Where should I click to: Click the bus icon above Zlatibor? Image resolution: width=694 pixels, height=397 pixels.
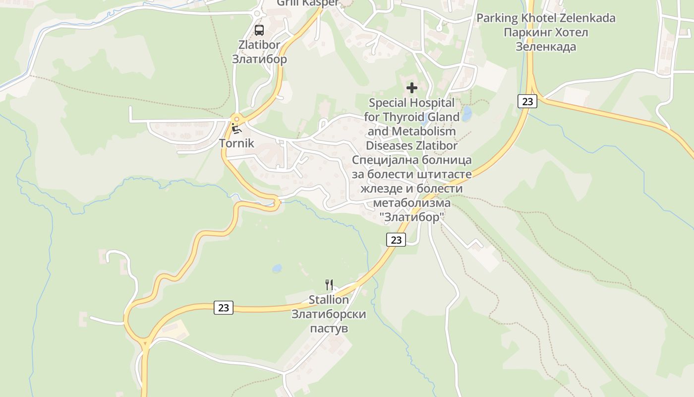259,30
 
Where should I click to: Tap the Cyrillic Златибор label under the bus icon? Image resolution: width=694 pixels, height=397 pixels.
259,60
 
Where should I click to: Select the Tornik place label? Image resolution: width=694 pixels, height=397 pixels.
236,144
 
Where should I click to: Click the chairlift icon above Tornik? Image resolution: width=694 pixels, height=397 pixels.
236,129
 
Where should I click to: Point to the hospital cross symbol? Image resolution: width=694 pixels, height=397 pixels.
411,88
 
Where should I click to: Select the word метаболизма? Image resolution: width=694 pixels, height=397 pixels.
411,203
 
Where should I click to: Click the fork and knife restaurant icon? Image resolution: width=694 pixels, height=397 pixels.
329,284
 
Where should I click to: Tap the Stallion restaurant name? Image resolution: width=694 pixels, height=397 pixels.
329,300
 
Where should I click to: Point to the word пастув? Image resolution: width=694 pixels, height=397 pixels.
329,329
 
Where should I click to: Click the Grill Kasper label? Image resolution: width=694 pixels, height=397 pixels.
307,2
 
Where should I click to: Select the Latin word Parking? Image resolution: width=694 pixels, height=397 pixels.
497,18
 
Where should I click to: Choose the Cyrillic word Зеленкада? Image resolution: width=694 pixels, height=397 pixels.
546,47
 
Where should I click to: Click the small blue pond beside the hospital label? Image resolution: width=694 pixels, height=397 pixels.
466,113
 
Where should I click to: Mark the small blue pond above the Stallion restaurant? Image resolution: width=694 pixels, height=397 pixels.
277,268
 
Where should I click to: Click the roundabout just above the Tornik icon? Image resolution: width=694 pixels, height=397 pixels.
236,119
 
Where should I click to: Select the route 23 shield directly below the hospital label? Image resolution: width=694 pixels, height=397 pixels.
396,240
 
